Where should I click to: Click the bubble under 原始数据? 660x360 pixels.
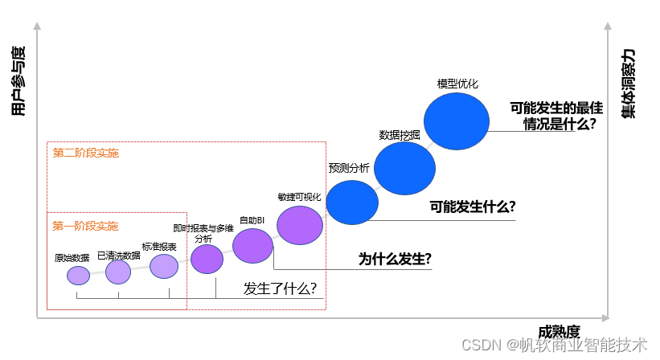pyautogui.click(x=78, y=276)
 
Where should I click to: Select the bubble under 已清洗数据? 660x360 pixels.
pyautogui.click(x=118, y=272)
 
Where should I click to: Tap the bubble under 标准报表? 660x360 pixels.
pyautogui.click(x=164, y=266)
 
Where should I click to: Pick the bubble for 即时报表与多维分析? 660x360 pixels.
pyautogui.click(x=207, y=259)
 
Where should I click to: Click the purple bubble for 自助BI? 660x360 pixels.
pyautogui.click(x=253, y=246)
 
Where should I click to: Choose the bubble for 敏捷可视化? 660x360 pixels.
pyautogui.click(x=300, y=225)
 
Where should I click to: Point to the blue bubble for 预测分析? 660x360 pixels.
pyautogui.click(x=352, y=202)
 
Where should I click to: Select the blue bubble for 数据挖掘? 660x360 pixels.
pyautogui.click(x=404, y=168)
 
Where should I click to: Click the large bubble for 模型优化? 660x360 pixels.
pyautogui.click(x=457, y=121)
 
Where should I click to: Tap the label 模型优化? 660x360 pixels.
pyautogui.click(x=457, y=84)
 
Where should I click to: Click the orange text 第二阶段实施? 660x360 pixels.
pyautogui.click(x=86, y=153)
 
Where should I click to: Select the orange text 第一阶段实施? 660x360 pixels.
pyautogui.click(x=85, y=226)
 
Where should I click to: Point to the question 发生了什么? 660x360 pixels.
pyautogui.click(x=280, y=288)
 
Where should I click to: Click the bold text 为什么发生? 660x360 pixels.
pyautogui.click(x=395, y=259)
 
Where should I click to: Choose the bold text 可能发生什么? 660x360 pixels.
pyautogui.click(x=473, y=206)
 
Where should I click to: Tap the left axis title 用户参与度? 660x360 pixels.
pyautogui.click(x=19, y=79)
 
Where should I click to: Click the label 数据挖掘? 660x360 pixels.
pyautogui.click(x=400, y=135)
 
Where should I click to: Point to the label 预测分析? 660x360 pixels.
pyautogui.click(x=349, y=168)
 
